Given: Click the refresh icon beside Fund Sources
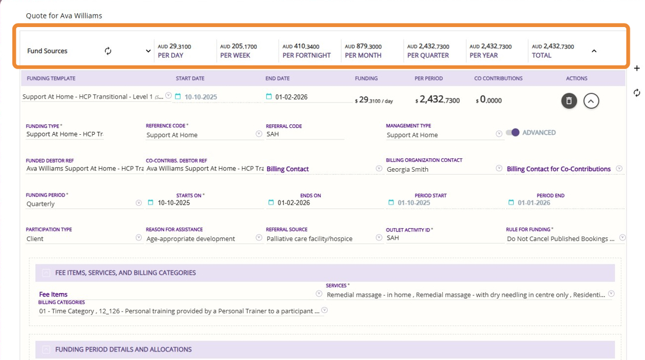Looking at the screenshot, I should click(108, 51).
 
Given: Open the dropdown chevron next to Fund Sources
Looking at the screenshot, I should click(148, 51).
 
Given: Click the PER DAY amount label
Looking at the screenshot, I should click(171, 55).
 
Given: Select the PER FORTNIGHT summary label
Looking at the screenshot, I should click(306, 55).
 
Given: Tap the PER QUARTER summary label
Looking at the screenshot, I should click(428, 55).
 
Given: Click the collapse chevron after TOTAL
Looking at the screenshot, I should click(594, 51).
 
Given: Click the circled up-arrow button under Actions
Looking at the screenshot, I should click(591, 101).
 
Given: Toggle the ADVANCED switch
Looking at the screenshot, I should click(512, 132).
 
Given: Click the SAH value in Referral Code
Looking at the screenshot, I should click(272, 134).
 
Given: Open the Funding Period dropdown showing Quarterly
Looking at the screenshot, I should click(138, 203).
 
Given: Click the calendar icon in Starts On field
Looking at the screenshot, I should click(151, 203).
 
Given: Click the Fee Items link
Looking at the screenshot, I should click(53, 294).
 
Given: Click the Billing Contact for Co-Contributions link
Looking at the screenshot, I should click(558, 169).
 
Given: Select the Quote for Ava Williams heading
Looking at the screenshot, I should click(64, 16).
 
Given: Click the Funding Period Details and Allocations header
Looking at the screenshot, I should click(123, 349).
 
